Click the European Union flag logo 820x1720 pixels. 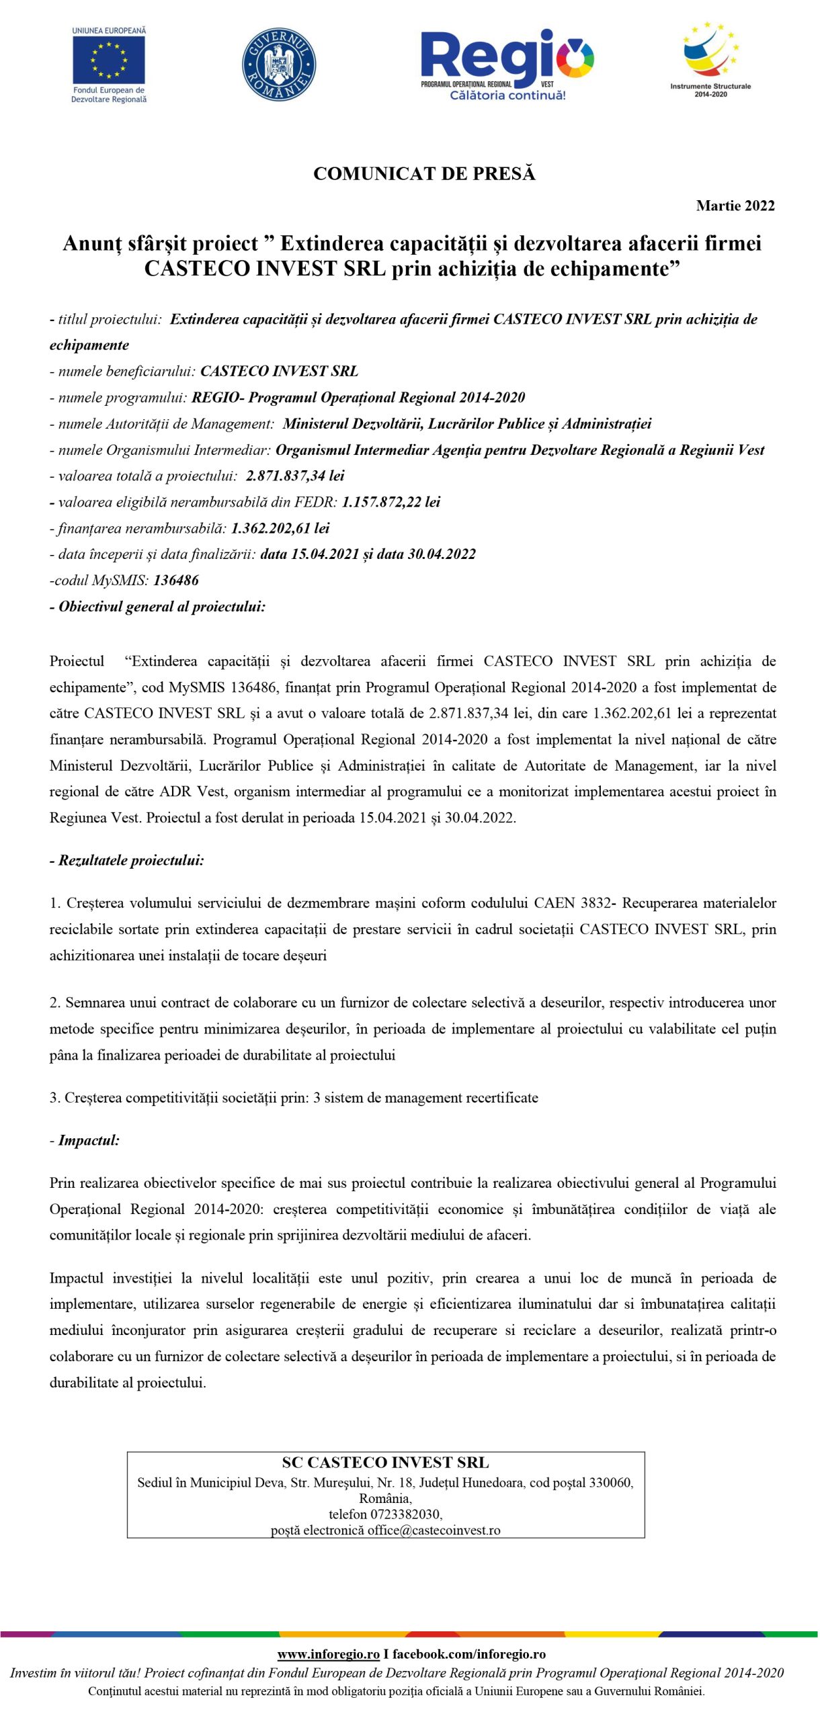pyautogui.click(x=109, y=60)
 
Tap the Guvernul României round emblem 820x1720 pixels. pyautogui.click(x=278, y=64)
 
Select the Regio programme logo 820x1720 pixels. pyautogui.click(x=507, y=64)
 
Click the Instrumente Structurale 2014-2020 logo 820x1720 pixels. pyautogui.click(x=710, y=59)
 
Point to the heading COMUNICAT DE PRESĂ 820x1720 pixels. pyautogui.click(x=424, y=174)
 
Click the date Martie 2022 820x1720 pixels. pyautogui.click(x=735, y=206)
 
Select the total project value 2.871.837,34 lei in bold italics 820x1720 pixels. pyautogui.click(x=295, y=476)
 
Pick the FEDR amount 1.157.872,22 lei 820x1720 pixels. pyautogui.click(x=391, y=502)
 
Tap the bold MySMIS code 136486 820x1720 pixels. pyautogui.click(x=176, y=580)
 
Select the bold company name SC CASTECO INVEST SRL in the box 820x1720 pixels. pyautogui.click(x=385, y=1463)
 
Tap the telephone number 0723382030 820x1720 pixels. pyautogui.click(x=406, y=1514)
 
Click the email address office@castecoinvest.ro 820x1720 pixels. pyautogui.click(x=434, y=1531)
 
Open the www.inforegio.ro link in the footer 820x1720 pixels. pyautogui.click(x=329, y=1654)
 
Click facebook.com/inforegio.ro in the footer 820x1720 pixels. pyautogui.click(x=469, y=1654)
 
